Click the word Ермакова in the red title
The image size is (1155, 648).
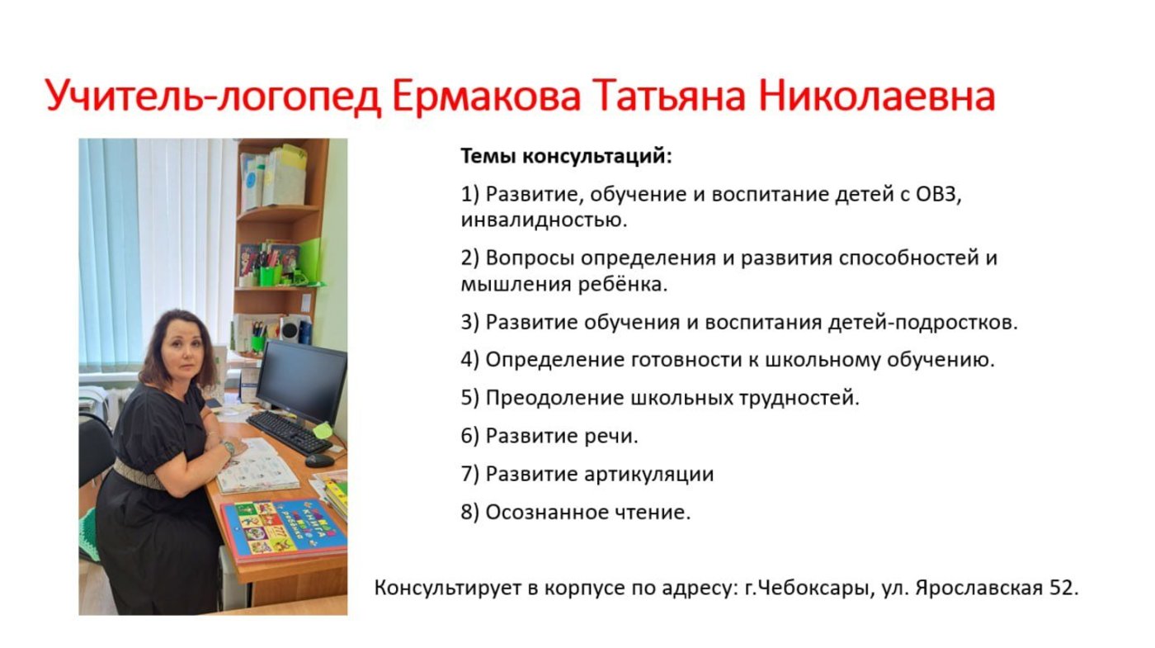coord(486,96)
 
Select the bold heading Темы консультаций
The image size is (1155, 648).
coord(566,156)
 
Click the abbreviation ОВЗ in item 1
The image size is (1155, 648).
coord(937,195)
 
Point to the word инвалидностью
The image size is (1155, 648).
coord(544,220)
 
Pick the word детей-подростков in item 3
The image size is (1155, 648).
coord(922,323)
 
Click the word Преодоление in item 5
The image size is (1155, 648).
coord(554,398)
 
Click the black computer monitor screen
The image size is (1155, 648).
coord(302,381)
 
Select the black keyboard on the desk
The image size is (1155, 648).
coord(290,433)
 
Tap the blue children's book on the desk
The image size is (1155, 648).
coord(284,530)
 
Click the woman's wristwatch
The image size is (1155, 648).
coord(228,447)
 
